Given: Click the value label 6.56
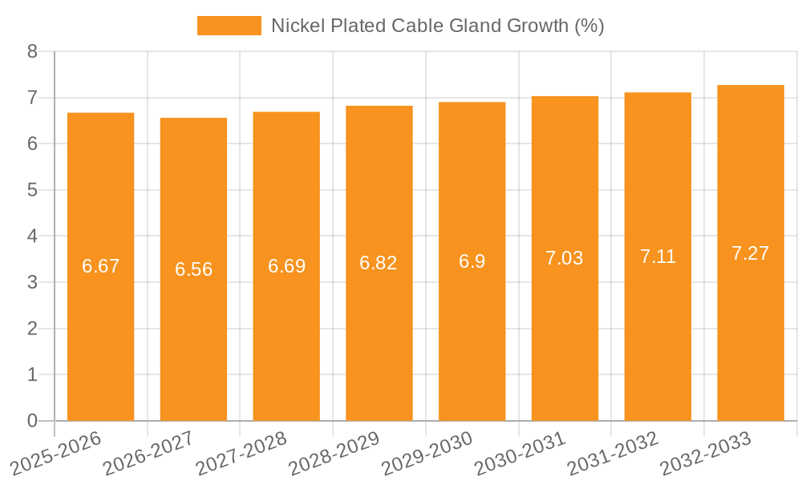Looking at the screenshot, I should click(x=194, y=269).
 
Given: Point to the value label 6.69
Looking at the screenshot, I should click(x=286, y=266).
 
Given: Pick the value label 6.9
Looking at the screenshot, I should click(x=472, y=261).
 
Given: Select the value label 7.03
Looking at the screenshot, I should click(x=565, y=258).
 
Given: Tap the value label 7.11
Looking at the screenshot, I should click(x=658, y=257).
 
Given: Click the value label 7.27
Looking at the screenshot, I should click(x=751, y=253).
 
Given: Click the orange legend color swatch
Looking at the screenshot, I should click(x=229, y=26).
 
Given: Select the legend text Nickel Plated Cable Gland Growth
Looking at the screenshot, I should click(x=437, y=26).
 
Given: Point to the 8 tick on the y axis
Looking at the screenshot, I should click(x=32, y=52).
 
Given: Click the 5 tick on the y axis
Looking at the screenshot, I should click(x=32, y=190).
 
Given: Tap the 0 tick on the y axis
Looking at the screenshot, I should click(x=32, y=421).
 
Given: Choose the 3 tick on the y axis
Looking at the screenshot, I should click(x=32, y=282).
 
